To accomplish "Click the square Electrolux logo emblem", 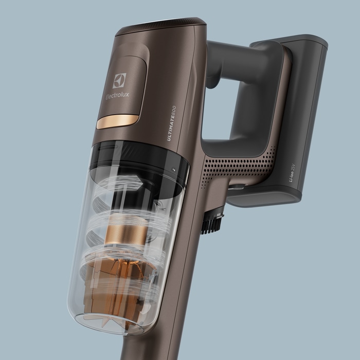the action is tap(119, 81).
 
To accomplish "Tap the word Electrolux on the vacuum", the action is tap(117, 96).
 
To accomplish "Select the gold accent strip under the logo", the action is tap(118, 121).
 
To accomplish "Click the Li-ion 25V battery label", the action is tap(292, 173).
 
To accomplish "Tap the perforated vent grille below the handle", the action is tap(239, 167).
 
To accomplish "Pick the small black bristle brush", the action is tap(212, 223).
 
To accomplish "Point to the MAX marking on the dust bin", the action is tap(158, 260).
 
